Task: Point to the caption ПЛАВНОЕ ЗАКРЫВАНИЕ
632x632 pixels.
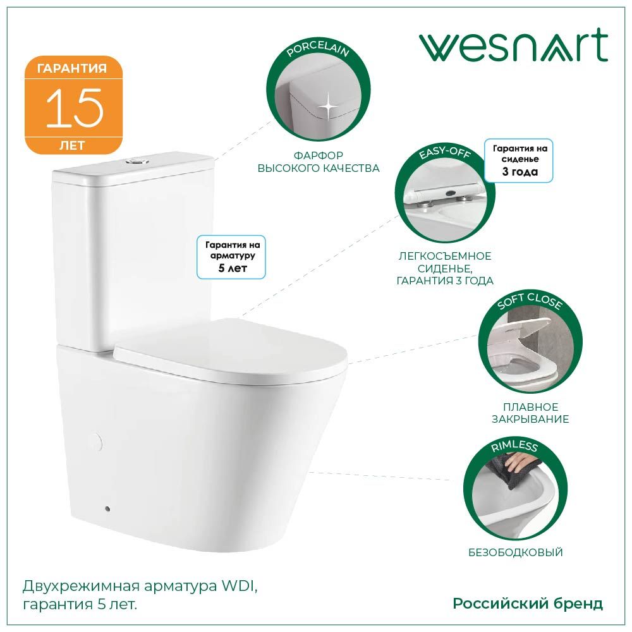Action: (x=531, y=413)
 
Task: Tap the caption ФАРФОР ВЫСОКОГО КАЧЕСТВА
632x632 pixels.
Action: (x=319, y=162)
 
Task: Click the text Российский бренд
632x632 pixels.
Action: (x=528, y=604)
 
